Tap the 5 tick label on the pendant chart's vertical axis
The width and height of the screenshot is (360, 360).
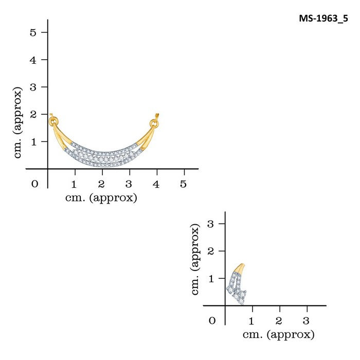point(33,32)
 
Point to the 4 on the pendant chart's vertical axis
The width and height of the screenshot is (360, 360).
point(33,60)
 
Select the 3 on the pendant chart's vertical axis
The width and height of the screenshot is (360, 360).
point(33,87)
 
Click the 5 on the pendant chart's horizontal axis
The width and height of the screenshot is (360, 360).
point(184,184)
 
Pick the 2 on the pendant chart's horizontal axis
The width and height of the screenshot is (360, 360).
point(102,184)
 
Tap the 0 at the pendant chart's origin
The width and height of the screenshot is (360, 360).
point(34,184)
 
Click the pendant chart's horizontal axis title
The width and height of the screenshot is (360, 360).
point(101,198)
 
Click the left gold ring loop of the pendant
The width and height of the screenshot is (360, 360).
point(52,121)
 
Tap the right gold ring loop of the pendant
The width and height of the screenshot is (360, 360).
point(153,123)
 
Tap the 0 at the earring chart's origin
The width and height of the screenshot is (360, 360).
point(212,321)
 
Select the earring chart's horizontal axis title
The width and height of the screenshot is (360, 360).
point(278,335)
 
